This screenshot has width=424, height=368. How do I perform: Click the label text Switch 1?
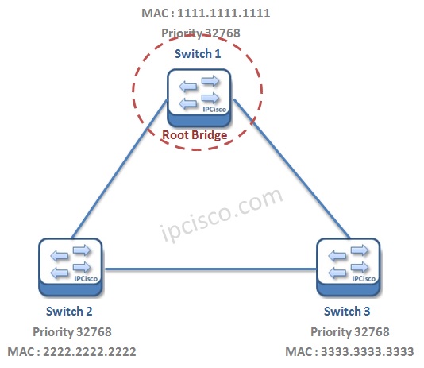point(199,53)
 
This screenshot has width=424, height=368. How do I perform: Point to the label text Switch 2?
point(70,312)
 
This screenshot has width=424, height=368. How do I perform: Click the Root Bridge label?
point(195,135)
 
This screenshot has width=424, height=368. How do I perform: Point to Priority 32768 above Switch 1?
point(200,33)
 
